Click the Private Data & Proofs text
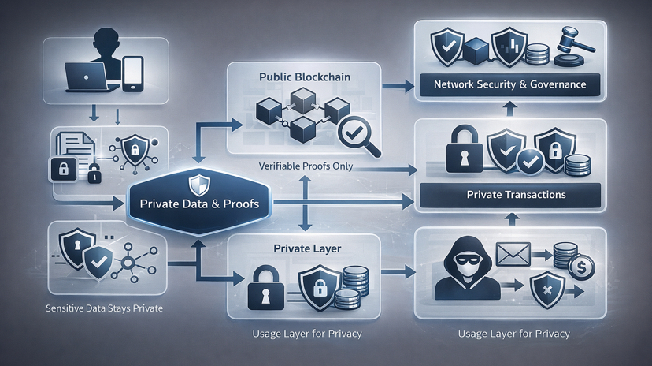[198, 204]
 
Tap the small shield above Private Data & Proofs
[198, 185]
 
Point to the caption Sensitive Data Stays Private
[104, 308]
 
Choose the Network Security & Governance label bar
[509, 84]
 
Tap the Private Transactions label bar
[510, 194]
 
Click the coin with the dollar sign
[583, 268]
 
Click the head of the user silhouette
[107, 41]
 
